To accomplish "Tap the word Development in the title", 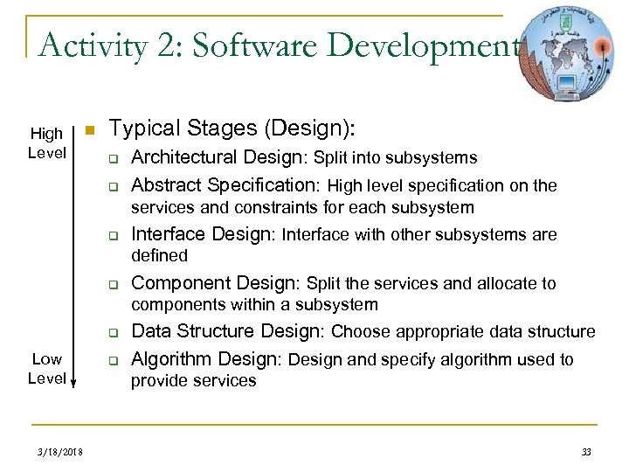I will pos(439,44).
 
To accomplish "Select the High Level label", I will pos(46,142).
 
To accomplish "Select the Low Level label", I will pos(46,369).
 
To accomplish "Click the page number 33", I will pos(586,451).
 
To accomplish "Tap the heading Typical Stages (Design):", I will pos(232,130).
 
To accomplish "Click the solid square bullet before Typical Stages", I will pos(87,131).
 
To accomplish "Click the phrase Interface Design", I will pos(192,234).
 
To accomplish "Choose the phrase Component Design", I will pos(213,283).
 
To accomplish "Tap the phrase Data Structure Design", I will pos(227,331).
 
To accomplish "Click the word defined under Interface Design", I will pos(159,255).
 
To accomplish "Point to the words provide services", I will pos(193,380).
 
